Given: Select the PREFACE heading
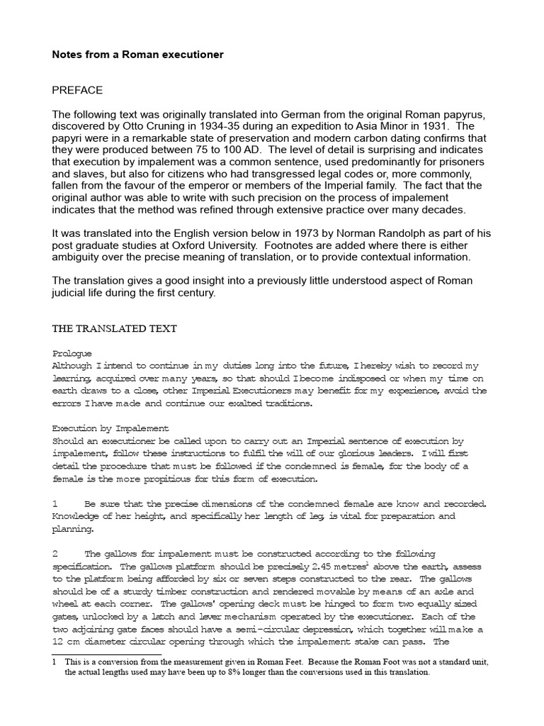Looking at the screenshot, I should (77, 90).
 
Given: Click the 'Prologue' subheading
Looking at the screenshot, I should (72, 353).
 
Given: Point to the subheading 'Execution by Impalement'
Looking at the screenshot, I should (110, 428).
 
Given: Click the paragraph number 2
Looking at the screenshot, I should (55, 553).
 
